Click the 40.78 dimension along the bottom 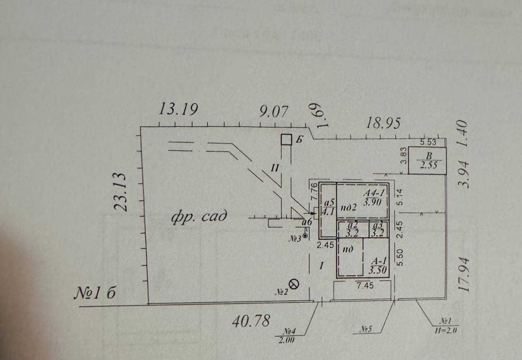[251, 320]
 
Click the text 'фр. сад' [199, 217]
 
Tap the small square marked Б [286, 140]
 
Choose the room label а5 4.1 [329, 208]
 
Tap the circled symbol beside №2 [294, 284]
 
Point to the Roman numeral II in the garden [276, 167]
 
